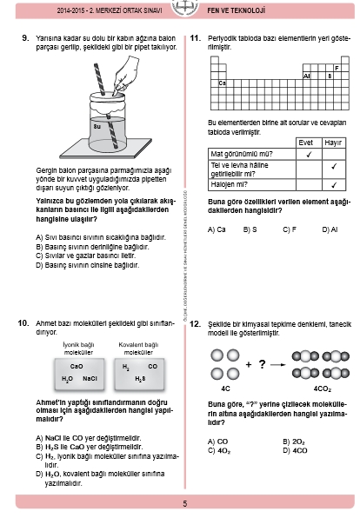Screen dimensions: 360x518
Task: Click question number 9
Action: [26, 38]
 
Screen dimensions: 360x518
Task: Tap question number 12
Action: [195, 323]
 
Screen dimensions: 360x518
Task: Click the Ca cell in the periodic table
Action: [222, 83]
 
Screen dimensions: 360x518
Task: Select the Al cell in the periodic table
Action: [306, 76]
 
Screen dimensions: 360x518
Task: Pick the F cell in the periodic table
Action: [337, 68]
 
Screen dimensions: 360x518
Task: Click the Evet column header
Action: [305, 143]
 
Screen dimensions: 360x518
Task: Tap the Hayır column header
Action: [333, 143]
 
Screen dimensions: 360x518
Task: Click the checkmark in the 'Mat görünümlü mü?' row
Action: [309, 155]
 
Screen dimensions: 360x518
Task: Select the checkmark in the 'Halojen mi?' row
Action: [334, 184]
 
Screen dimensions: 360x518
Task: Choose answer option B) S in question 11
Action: [250, 229]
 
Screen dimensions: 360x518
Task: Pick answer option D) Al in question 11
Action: [330, 229]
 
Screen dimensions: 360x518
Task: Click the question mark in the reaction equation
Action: [262, 364]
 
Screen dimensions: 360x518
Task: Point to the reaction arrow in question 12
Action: [277, 365]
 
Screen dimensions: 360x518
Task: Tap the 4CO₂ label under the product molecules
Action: [323, 388]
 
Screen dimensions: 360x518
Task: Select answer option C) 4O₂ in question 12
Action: [219, 451]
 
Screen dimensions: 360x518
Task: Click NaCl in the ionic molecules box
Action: [90, 379]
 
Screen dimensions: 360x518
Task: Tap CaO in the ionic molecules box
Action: [77, 367]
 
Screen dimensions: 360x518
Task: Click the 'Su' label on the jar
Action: [97, 127]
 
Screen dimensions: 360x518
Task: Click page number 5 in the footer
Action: [185, 503]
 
